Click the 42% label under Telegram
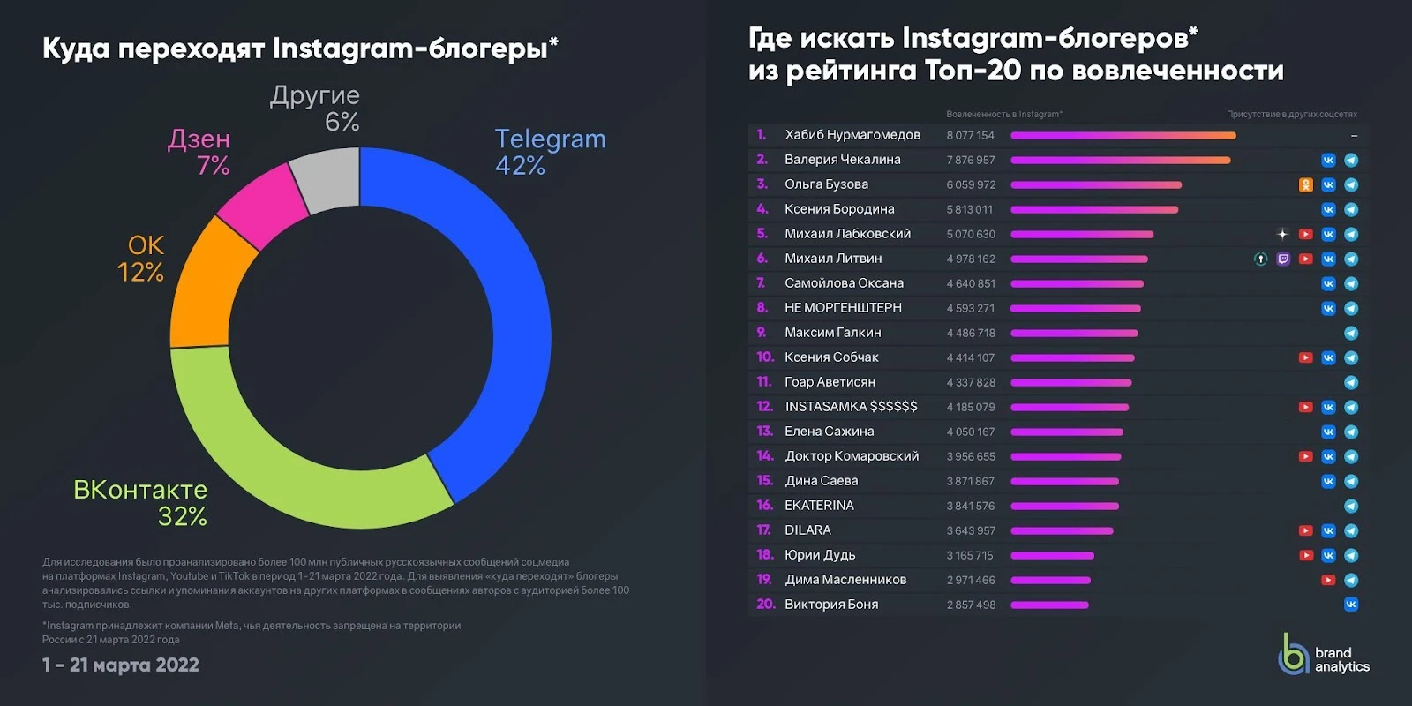[x=520, y=166]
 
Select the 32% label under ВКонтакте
[x=182, y=517]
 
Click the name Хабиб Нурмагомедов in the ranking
[x=852, y=135]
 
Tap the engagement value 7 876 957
[x=971, y=160]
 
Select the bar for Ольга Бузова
[x=1096, y=184]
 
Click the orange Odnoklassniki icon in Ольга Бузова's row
[x=1305, y=184]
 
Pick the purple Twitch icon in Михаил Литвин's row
[x=1283, y=259]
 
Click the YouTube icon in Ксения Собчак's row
[x=1305, y=357]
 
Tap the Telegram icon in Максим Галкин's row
[x=1351, y=333]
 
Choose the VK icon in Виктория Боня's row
[x=1351, y=605]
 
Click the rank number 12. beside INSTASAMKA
[x=764, y=407]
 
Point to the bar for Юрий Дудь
[x=1052, y=555]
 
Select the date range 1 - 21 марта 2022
[x=120, y=665]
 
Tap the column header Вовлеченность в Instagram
[x=1004, y=114]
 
